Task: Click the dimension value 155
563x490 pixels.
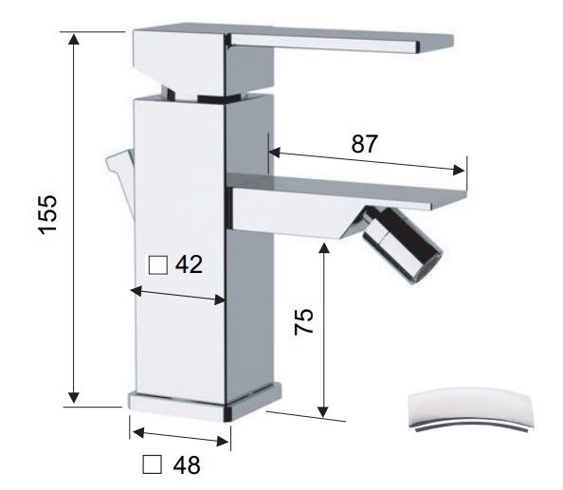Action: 48,214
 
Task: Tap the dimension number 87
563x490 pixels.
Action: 364,144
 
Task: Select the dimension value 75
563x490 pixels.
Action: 303,321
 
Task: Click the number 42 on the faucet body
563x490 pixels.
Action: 189,265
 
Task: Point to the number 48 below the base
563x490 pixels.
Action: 187,464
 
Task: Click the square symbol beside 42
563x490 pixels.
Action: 158,265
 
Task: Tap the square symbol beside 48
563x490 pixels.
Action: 153,464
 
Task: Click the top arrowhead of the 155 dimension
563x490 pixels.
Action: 74,39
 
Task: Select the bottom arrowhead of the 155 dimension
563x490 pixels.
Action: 74,397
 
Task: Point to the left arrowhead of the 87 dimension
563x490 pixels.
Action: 274,153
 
